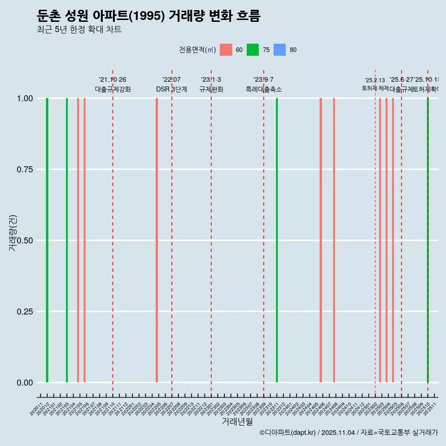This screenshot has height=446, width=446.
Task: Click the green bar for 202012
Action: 47,240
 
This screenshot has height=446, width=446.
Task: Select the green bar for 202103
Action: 67,240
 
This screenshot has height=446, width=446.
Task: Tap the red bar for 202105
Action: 78,240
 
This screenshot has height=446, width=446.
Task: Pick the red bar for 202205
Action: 157,240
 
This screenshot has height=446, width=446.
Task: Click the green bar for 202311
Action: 277,240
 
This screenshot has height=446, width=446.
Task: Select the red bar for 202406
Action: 321,240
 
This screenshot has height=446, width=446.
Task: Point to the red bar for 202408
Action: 334,240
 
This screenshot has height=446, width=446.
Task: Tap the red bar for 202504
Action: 387,240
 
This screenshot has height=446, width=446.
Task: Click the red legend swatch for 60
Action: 226,50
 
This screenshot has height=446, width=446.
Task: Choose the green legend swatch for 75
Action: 253,50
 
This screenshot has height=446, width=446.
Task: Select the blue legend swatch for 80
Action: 280,50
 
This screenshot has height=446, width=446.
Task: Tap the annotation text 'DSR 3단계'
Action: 171,90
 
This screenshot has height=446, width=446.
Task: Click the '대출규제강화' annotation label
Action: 113,90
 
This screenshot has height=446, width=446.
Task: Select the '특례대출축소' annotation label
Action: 264,90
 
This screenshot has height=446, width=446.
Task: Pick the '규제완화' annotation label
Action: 211,90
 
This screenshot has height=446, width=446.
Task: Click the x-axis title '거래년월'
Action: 237,422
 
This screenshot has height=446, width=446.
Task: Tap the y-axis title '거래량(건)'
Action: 13,233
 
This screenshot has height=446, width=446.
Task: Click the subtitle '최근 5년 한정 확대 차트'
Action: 79,30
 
